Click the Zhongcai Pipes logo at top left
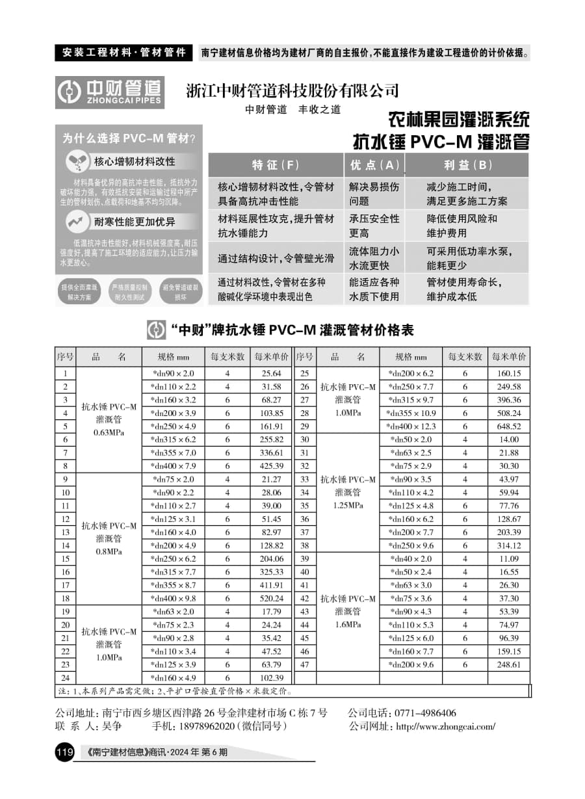click(109, 92)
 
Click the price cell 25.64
click(271, 374)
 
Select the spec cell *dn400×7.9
click(173, 466)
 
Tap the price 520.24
click(271, 598)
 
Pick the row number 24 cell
click(65, 678)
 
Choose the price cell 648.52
click(509, 426)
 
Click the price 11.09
click(509, 559)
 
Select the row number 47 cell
click(304, 664)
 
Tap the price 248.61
click(509, 664)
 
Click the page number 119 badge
click(65, 753)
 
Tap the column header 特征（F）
click(276, 165)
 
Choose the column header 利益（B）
click(467, 165)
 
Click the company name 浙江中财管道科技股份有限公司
click(292, 90)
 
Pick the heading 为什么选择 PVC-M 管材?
click(129, 138)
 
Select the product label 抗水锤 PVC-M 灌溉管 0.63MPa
click(109, 419)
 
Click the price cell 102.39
click(271, 678)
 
